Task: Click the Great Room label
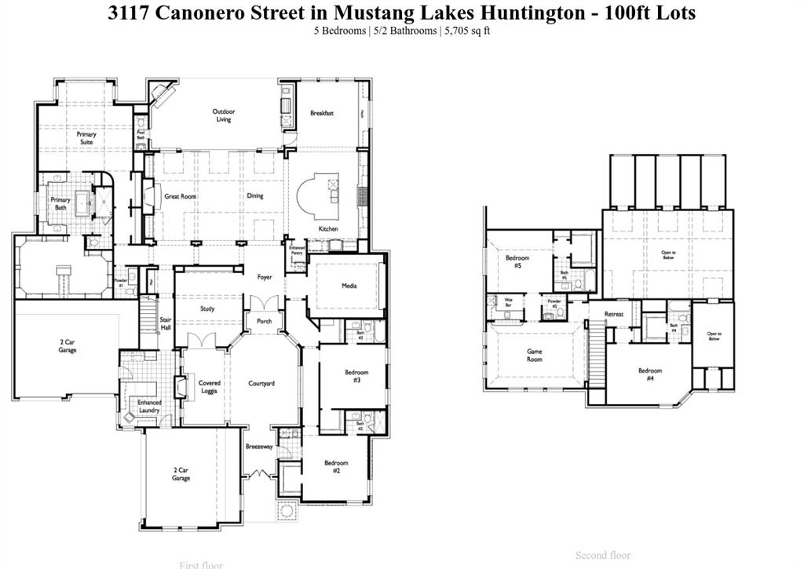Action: (x=180, y=196)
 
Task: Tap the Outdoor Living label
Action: (x=224, y=115)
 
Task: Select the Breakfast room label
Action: (x=322, y=113)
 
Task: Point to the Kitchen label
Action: (x=328, y=229)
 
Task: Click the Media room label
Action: (x=349, y=286)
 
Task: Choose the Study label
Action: (x=207, y=308)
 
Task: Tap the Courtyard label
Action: (x=261, y=384)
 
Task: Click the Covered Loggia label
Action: (x=209, y=387)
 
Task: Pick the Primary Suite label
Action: (x=86, y=138)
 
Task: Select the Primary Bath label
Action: (x=60, y=203)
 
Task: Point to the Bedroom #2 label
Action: (x=336, y=466)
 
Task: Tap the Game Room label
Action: (x=535, y=356)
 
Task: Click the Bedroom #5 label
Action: (x=517, y=261)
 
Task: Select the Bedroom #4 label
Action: (x=650, y=374)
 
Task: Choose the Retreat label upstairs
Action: (x=614, y=315)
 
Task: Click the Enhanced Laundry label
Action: (x=149, y=406)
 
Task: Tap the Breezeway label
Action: (x=258, y=447)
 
